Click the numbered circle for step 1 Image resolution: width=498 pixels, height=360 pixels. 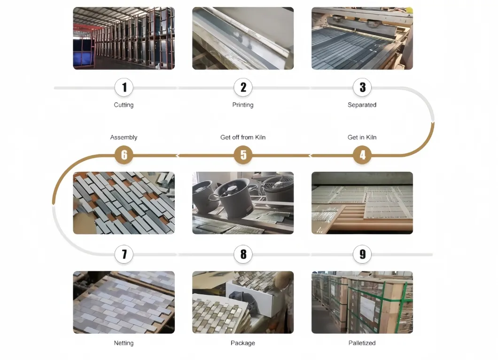tap(124, 87)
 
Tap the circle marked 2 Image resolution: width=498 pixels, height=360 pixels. tap(243, 87)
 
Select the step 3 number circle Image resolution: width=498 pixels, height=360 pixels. tap(362, 87)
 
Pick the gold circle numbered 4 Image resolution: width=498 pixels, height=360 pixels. tap(362, 155)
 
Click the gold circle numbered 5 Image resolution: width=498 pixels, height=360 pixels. tap(243, 155)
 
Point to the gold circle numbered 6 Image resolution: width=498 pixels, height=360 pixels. tap(124, 155)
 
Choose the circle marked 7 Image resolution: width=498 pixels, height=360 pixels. tap(124, 254)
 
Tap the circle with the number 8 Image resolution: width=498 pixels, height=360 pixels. tap(243, 254)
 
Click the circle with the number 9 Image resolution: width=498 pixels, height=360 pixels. tap(362, 254)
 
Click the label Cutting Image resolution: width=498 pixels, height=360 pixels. tap(124, 105)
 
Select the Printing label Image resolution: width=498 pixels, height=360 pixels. tap(243, 105)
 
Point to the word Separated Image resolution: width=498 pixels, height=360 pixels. tap(362, 105)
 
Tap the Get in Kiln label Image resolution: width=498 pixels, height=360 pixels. tap(362, 138)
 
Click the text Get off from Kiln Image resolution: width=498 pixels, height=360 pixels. tap(243, 138)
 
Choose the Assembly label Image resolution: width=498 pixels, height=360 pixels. tap(124, 138)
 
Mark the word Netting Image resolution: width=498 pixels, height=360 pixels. tap(124, 343)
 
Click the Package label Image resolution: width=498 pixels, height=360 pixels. tap(243, 343)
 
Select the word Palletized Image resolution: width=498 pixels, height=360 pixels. tap(362, 343)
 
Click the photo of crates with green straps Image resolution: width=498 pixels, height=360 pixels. tap(362, 302)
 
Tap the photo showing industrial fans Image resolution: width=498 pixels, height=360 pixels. tap(243, 203)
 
